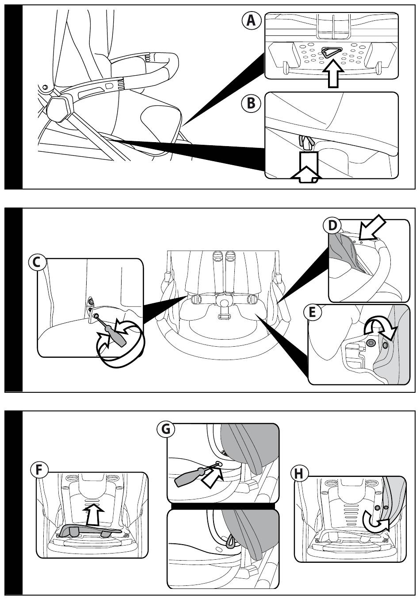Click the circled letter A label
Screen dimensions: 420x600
coord(251,21)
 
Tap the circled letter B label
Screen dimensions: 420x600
coord(251,103)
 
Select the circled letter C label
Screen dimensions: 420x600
coord(38,263)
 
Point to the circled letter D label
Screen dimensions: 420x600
coord(332,225)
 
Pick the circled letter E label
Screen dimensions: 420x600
coord(312,313)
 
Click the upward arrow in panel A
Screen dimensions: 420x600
coord(332,74)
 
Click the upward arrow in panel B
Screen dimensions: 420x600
coord(305,168)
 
